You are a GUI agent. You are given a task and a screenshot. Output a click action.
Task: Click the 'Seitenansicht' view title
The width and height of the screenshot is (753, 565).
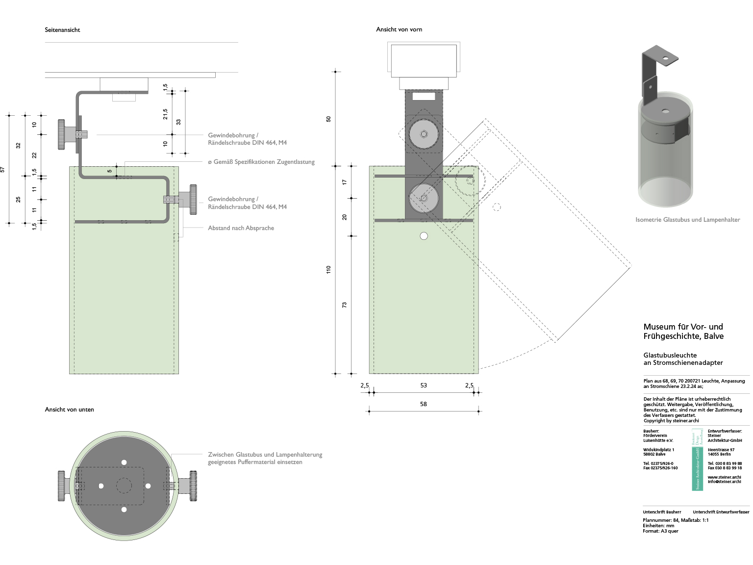(x=62, y=30)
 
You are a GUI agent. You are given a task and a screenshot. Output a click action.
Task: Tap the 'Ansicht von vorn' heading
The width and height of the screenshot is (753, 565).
(x=399, y=29)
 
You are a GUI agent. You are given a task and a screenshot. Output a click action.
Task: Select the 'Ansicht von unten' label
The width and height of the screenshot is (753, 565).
(x=69, y=410)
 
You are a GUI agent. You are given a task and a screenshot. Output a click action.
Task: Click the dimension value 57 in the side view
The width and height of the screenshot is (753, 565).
(x=3, y=169)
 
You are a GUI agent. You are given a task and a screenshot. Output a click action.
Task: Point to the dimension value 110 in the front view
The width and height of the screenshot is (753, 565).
(x=328, y=269)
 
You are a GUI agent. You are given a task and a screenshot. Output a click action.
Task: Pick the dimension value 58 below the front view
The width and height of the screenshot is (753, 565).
(x=424, y=404)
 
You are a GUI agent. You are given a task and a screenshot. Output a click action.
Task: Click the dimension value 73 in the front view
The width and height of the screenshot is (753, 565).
(x=345, y=305)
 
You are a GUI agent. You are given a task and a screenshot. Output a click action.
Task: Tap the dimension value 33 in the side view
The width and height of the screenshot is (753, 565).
(x=178, y=122)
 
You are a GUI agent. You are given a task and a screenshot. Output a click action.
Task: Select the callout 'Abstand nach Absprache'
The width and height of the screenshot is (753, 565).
(x=241, y=228)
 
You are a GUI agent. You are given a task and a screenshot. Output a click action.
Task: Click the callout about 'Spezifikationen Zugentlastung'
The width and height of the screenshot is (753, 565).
(x=261, y=162)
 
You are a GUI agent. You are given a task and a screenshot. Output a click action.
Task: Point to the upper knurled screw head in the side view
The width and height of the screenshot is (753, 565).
(x=62, y=134)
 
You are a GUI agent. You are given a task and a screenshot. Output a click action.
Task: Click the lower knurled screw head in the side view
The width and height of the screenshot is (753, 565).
(x=194, y=199)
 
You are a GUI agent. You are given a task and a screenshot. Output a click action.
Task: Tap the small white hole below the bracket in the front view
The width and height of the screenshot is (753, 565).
(x=424, y=236)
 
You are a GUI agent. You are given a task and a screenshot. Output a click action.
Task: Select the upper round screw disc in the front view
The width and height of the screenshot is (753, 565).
(x=424, y=134)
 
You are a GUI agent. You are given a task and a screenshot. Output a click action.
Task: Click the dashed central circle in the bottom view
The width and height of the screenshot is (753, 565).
(x=124, y=486)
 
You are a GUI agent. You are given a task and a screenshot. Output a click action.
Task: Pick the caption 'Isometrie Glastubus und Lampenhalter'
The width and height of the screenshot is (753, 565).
(x=688, y=220)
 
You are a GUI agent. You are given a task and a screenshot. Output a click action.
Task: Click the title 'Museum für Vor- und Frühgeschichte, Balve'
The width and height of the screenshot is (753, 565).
(x=683, y=332)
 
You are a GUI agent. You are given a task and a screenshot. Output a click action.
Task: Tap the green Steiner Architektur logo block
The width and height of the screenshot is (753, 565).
(x=697, y=460)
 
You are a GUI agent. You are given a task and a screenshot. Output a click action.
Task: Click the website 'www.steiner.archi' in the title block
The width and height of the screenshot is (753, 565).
(x=724, y=477)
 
